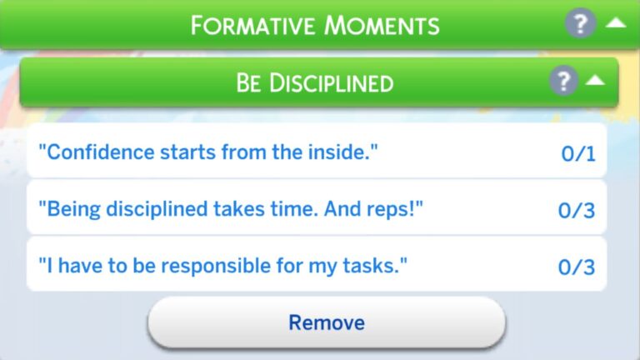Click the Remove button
pos(326,322)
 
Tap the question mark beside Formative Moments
pos(580,23)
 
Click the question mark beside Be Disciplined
pos(563,81)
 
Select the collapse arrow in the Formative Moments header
pos(615,22)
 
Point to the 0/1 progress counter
pos(577,153)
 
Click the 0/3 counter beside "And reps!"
pos(577,210)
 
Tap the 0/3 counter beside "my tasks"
pos(577,267)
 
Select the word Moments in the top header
pos(384,25)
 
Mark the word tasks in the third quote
pos(374,266)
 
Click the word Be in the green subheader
pos(249,82)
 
